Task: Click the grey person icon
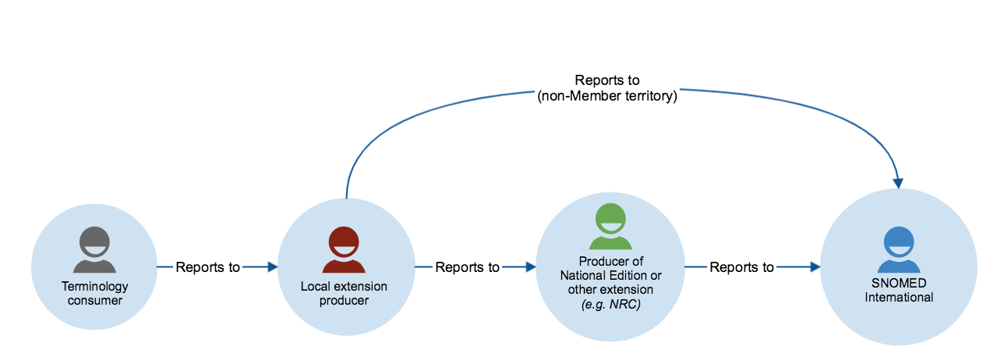pyautogui.click(x=94, y=249)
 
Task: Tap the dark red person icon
pyautogui.click(x=344, y=249)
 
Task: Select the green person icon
pyautogui.click(x=610, y=227)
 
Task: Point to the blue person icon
pyautogui.click(x=899, y=249)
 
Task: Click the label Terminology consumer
pyautogui.click(x=94, y=294)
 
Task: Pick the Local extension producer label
pyautogui.click(x=344, y=294)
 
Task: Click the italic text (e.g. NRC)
pyautogui.click(x=611, y=305)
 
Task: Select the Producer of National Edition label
pyautogui.click(x=611, y=268)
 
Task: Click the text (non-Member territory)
pyautogui.click(x=607, y=97)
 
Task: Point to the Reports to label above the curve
pyautogui.click(x=607, y=80)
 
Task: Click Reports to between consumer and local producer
pyautogui.click(x=208, y=267)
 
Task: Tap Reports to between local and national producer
pyautogui.click(x=467, y=267)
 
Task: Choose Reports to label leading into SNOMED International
pyautogui.click(x=741, y=267)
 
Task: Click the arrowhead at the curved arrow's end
pyautogui.click(x=899, y=183)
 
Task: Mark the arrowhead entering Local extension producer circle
pyautogui.click(x=272, y=267)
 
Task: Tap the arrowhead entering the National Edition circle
pyautogui.click(x=531, y=267)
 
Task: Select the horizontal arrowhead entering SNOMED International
pyautogui.click(x=815, y=267)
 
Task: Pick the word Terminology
pyautogui.click(x=94, y=288)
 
